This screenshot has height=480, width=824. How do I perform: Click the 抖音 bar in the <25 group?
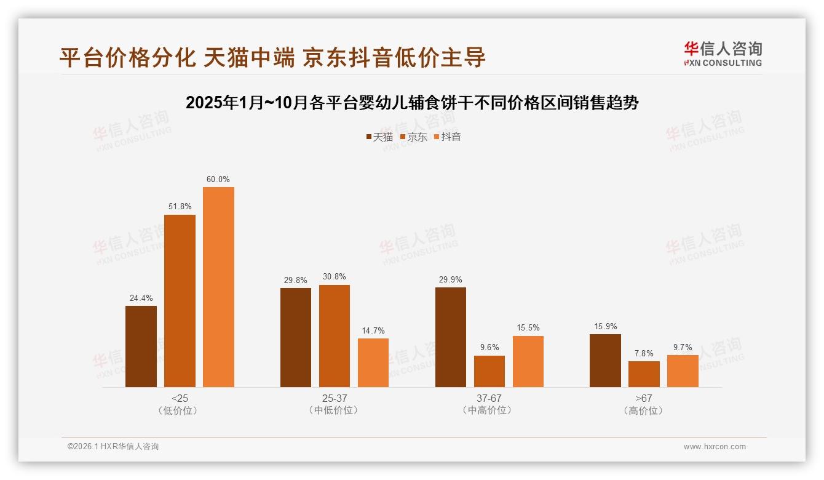pos(218,287)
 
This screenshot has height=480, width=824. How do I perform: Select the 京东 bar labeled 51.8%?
pos(180,301)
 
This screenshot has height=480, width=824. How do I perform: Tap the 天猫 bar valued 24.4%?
pos(141,346)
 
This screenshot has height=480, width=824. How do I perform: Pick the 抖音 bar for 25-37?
pos(373,362)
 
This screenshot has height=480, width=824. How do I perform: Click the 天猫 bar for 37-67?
pos(451,337)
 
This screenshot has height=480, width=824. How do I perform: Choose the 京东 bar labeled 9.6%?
pos(489,371)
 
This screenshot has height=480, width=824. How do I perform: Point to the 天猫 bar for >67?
pos(605,361)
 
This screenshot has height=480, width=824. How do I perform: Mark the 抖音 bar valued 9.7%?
pos(683,371)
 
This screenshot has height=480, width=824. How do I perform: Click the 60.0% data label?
pos(218,180)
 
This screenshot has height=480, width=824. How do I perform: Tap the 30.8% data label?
pos(335,277)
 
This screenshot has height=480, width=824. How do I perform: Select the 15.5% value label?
pos(528,328)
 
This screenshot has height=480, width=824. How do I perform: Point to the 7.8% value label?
pos(644,354)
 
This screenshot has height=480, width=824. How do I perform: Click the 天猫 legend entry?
pos(379,137)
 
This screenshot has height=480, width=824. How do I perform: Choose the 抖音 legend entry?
pos(448,137)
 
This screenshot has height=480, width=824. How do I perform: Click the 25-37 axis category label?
pos(335,398)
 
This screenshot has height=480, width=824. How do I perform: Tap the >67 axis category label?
pos(644,398)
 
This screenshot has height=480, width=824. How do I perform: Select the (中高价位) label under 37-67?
pos(489,410)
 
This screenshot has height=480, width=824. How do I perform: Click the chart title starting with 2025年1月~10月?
pos(412,103)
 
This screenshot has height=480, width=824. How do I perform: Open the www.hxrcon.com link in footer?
pos(715,447)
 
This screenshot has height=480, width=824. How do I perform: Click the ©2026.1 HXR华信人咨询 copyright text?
pos(113,447)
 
